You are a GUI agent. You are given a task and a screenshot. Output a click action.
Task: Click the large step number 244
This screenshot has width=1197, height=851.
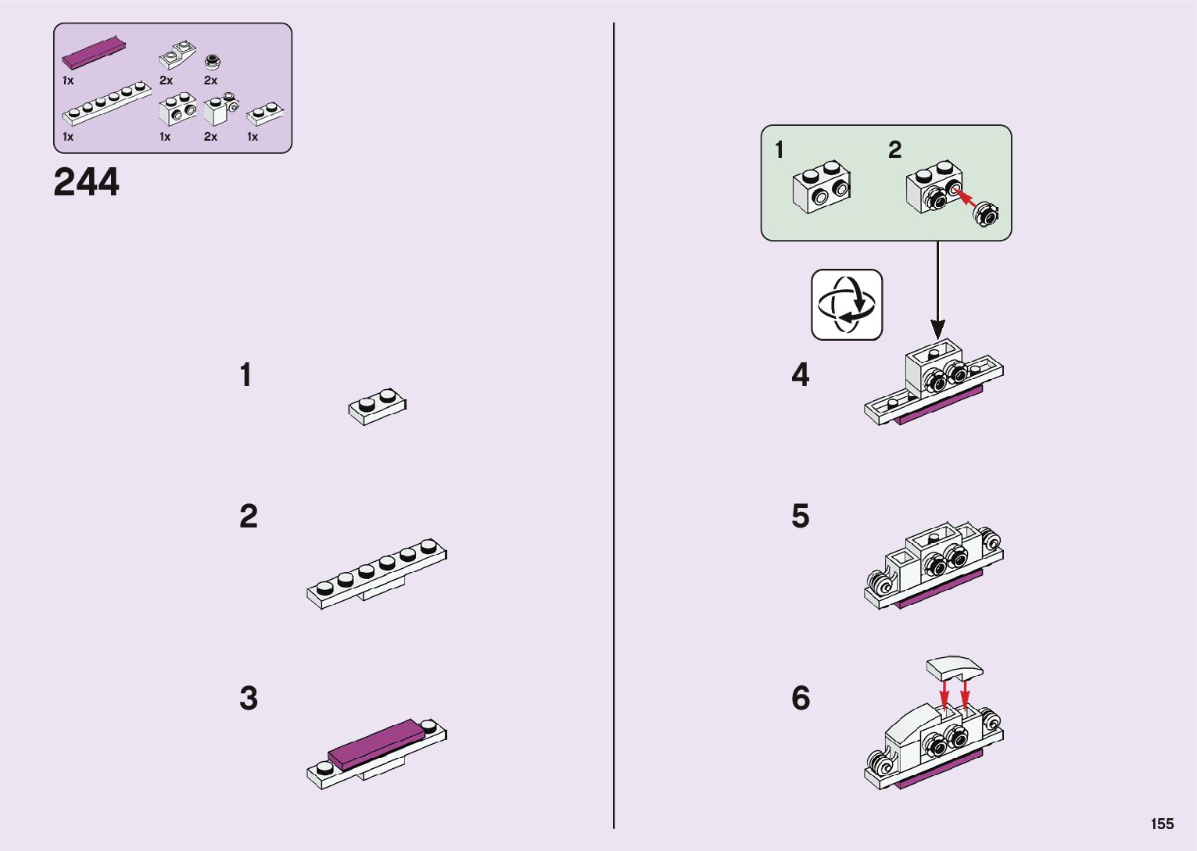(86, 181)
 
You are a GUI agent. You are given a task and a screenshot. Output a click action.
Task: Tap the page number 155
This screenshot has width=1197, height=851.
(1163, 824)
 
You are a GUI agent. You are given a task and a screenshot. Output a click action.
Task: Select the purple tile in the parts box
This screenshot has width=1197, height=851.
(94, 53)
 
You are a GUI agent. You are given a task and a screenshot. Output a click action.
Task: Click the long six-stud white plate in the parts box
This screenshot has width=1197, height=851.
(106, 104)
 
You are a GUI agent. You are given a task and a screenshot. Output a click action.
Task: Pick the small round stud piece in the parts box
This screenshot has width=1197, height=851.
(212, 62)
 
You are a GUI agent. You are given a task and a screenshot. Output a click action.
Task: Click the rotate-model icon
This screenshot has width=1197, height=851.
(847, 305)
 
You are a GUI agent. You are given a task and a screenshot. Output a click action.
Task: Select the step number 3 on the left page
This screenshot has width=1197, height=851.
(249, 698)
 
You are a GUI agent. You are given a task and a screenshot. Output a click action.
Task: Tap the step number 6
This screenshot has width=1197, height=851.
(801, 698)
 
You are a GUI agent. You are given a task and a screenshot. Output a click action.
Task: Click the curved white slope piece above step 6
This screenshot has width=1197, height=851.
(955, 668)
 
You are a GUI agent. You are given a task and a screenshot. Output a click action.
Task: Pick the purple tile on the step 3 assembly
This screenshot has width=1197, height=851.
(375, 744)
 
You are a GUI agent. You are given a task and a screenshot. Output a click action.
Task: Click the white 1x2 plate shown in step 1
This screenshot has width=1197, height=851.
(378, 406)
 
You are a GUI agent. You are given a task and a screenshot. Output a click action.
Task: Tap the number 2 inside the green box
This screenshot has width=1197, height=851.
(895, 149)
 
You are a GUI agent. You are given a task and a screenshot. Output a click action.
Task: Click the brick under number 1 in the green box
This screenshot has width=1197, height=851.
(822, 187)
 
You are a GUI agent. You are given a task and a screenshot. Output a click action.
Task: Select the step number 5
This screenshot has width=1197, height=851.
(801, 516)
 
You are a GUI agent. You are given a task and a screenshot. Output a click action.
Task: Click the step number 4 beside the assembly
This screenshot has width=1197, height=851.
(801, 374)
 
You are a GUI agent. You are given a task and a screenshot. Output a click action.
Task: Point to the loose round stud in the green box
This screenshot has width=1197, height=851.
(986, 214)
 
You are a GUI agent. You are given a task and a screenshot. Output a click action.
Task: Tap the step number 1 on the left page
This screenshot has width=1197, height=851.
(245, 374)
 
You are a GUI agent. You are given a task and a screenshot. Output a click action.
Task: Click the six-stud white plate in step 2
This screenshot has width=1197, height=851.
(377, 574)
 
